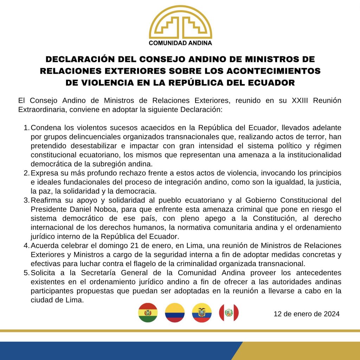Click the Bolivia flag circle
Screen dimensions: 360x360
pos(148,313)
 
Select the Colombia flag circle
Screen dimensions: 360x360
pos(175,313)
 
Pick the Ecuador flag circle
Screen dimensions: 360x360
pos(202,313)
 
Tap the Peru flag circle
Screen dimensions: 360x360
pos(229,313)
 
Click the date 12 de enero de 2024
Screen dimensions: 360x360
pos(307,314)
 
